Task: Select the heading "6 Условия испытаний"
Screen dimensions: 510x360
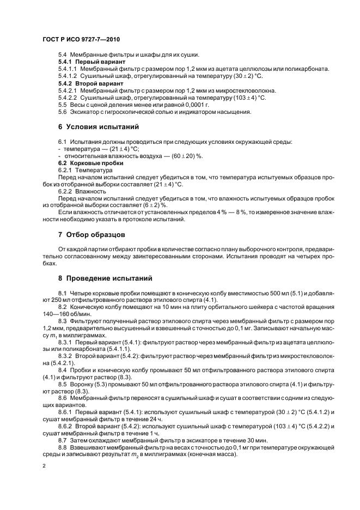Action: click(x=98, y=127)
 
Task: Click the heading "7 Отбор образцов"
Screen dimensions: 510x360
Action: click(x=92, y=235)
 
